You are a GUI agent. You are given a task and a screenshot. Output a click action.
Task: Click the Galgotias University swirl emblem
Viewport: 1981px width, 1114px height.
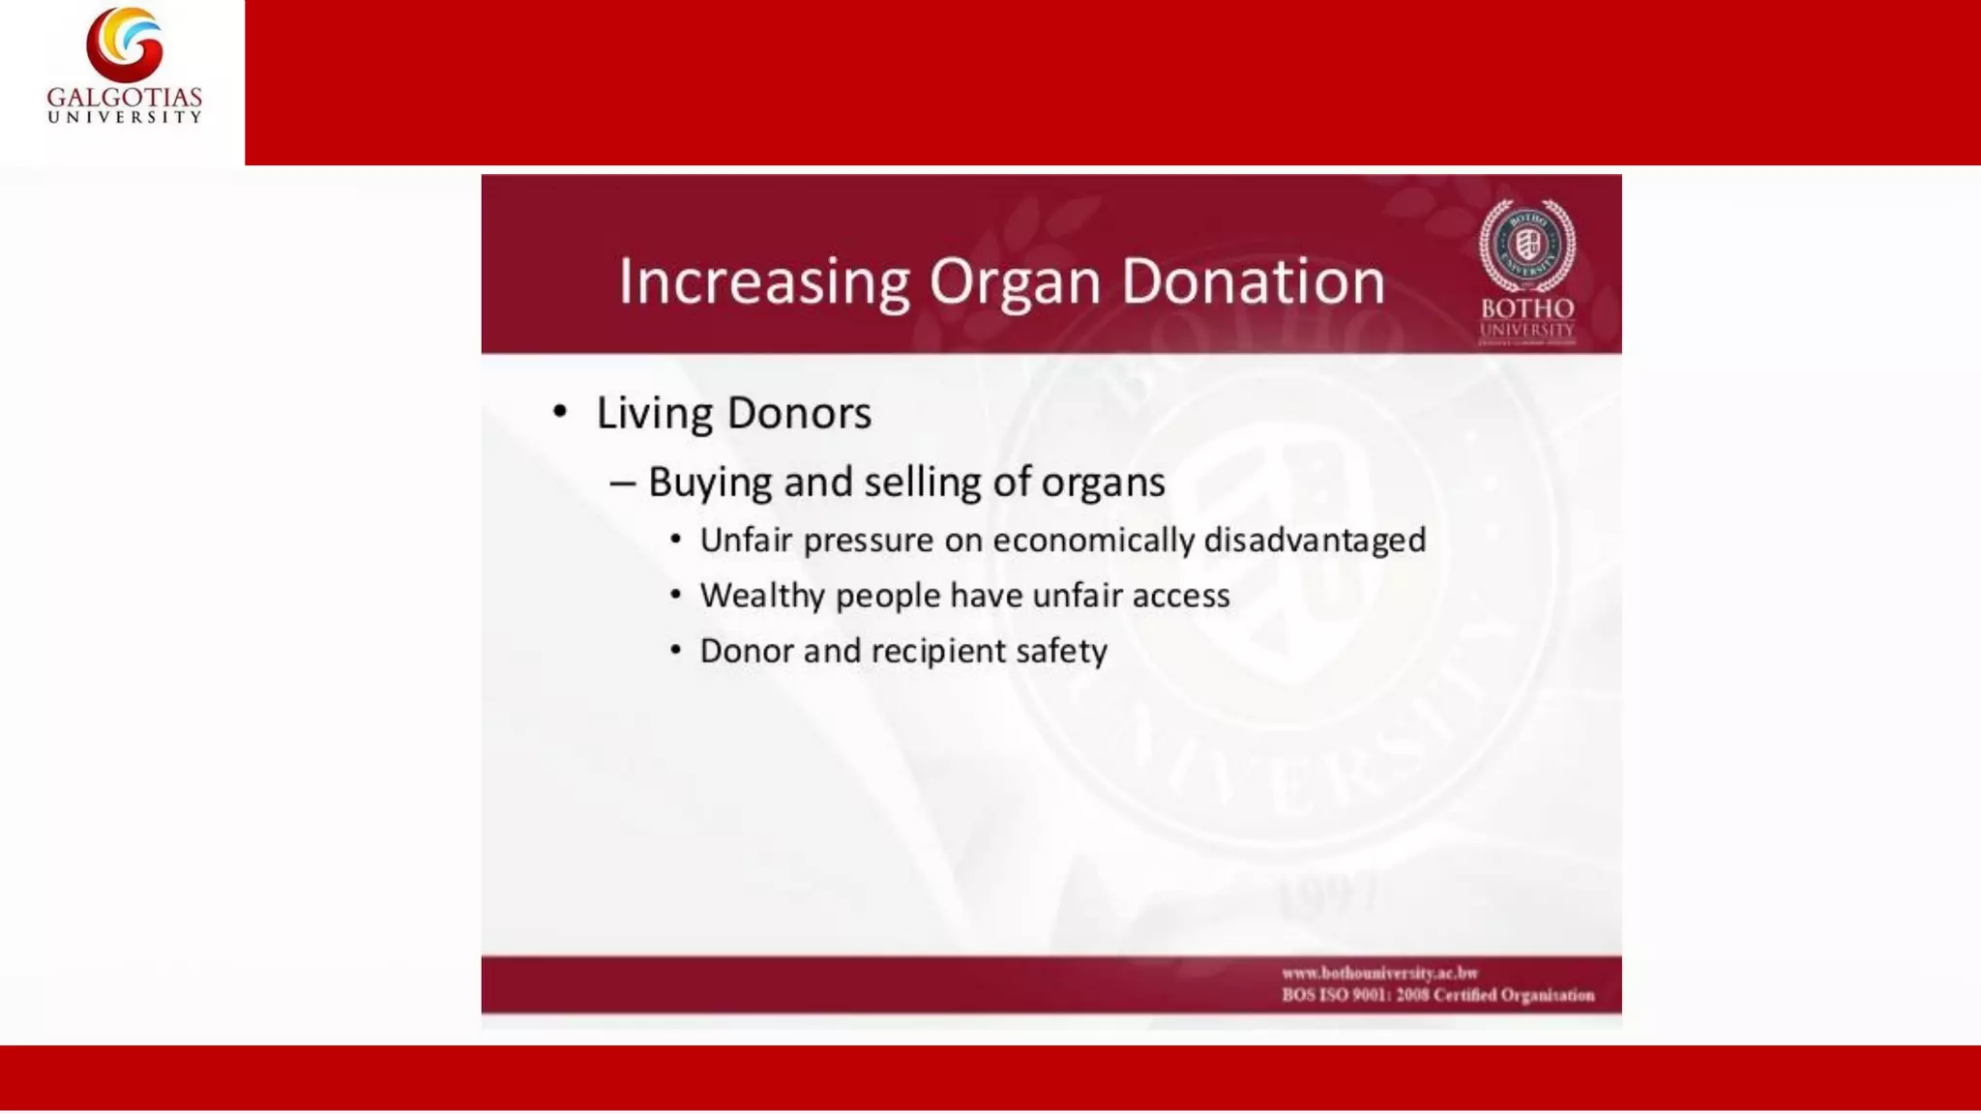pos(125,44)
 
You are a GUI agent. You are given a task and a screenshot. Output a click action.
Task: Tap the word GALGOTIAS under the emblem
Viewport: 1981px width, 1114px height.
pos(125,98)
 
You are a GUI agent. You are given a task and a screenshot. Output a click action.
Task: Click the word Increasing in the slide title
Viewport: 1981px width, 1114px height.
pos(764,282)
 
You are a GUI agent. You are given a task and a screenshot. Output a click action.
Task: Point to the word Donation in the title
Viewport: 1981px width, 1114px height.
pos(1253,282)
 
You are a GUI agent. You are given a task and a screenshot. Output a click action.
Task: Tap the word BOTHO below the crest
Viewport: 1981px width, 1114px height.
pos(1527,308)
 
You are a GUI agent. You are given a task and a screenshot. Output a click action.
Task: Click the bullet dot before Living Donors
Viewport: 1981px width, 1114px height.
pos(560,412)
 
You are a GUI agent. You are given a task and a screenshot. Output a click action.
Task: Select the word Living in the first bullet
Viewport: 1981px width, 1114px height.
pos(654,414)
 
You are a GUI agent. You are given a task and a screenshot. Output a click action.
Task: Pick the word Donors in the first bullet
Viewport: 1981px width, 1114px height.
pos(799,413)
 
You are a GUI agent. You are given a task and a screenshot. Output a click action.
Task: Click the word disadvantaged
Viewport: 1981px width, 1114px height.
pos(1315,540)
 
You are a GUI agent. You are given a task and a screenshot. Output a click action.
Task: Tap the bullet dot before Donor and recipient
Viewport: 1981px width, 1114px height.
pos(676,650)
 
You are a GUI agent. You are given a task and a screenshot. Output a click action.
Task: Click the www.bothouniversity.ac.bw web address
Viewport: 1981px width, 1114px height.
pos(1380,973)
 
